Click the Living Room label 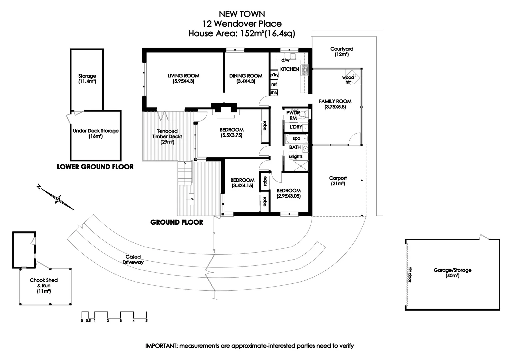(x=183, y=76)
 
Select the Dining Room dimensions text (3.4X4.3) (x=246, y=81)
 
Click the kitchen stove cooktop (x=305, y=70)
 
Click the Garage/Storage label (x=452, y=270)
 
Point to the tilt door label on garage (x=410, y=275)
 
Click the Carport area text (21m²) (x=338, y=184)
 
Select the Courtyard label (x=342, y=49)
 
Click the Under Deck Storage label (x=96, y=131)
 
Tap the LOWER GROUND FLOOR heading (x=95, y=167)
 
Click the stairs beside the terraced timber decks (x=185, y=174)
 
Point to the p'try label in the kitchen (x=274, y=75)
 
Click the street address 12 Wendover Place (x=242, y=24)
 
